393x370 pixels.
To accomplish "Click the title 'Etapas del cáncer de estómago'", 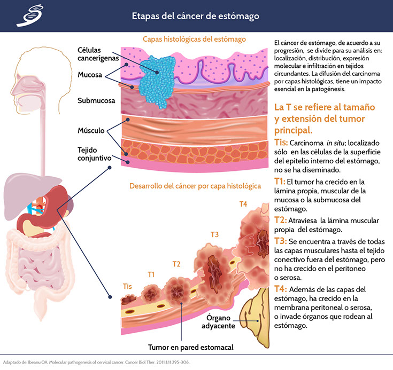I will tap(196, 16).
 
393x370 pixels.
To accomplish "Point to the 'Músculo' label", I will tap(90, 130).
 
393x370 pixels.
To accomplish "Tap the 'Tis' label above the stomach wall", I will tap(127, 286).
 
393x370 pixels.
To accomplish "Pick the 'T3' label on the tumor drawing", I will tap(214, 234).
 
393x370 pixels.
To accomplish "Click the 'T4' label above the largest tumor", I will tap(243, 203).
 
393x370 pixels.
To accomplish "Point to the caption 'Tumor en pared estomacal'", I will tap(191, 347).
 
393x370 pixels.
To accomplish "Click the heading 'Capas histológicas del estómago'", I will tap(194, 39).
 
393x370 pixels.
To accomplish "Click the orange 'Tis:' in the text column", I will tap(281, 143).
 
